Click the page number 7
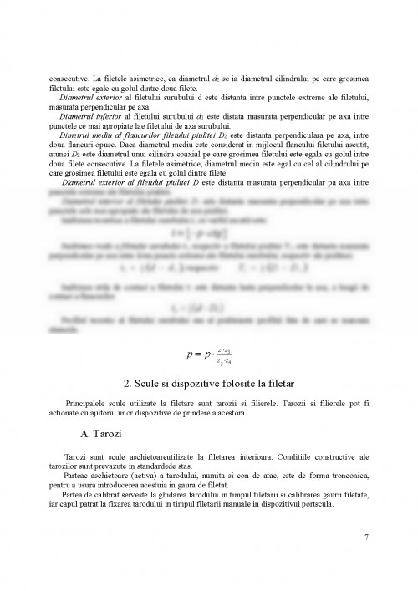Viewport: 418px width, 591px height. click(x=366, y=536)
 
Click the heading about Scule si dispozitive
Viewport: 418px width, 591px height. click(x=208, y=384)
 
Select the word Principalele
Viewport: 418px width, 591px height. click(x=84, y=404)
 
